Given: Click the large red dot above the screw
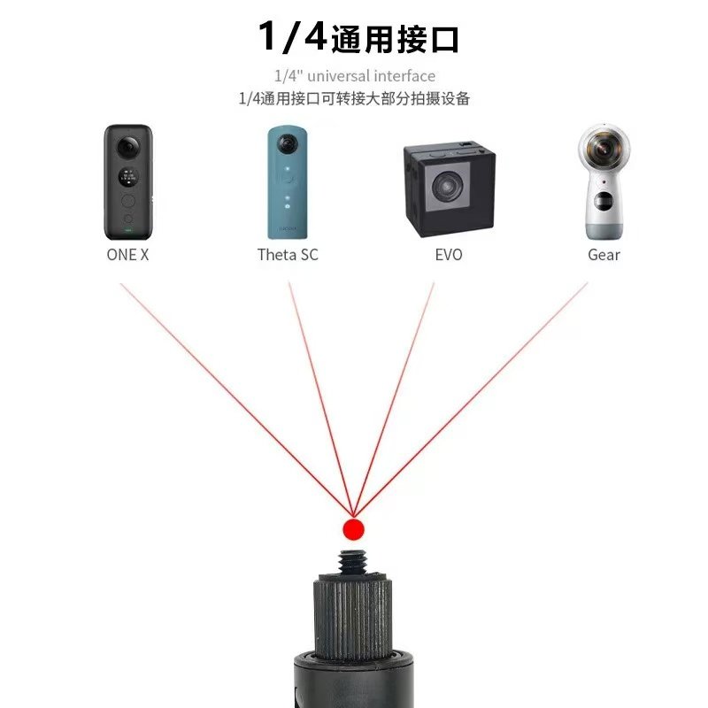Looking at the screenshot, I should (353, 529).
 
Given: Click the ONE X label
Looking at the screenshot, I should (127, 255).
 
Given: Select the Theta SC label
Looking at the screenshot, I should (288, 255).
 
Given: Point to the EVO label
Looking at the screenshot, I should (449, 255).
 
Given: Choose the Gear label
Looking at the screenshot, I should (604, 255).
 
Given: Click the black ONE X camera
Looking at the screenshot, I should (128, 183).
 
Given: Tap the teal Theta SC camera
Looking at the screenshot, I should (289, 183).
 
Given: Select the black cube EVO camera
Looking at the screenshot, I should (449, 189).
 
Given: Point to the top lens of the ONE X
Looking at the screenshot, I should (129, 145).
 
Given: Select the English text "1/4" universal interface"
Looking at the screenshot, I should (354, 76).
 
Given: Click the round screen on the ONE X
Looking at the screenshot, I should (129, 174).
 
